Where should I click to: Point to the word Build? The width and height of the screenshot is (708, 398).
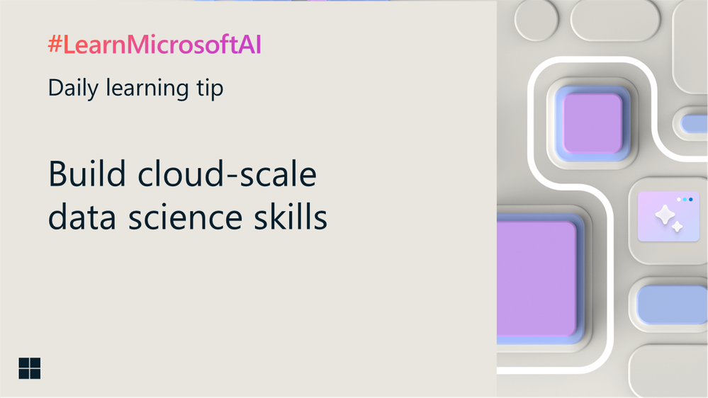click(87, 174)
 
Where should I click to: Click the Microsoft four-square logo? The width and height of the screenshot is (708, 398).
click(30, 368)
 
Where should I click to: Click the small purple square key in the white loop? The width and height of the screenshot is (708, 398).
click(592, 123)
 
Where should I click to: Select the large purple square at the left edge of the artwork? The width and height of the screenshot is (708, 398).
click(536, 278)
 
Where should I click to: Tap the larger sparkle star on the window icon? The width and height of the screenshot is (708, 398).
click(665, 214)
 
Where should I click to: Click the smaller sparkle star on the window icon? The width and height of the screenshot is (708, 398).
click(678, 227)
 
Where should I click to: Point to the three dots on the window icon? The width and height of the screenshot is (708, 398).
click(685, 200)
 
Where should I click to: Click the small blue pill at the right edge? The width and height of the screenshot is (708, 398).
click(695, 123)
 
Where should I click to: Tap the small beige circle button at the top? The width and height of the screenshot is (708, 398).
click(536, 19)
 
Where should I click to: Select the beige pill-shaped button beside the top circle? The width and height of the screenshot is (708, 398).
click(616, 19)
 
